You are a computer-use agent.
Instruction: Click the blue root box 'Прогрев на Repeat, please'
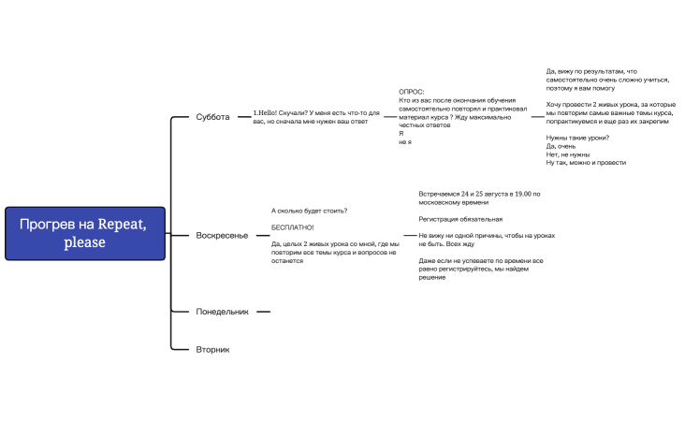point(85,233)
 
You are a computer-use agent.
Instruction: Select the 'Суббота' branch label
point(212,117)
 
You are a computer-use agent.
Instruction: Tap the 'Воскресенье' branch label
point(222,235)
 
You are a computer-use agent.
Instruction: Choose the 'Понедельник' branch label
point(222,311)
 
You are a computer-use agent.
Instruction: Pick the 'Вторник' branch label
point(212,349)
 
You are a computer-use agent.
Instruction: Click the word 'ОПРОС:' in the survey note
point(412,92)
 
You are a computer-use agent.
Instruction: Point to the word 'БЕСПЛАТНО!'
point(293,227)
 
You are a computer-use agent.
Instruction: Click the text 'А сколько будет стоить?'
point(309,211)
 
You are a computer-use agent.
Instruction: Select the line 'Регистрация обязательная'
point(460,219)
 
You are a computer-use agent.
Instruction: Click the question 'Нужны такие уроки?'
point(577,138)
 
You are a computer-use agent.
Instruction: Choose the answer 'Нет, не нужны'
point(569,154)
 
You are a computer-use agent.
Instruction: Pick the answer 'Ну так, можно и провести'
point(586,163)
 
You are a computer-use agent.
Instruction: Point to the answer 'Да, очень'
point(562,146)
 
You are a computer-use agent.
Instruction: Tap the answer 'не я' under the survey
point(404,141)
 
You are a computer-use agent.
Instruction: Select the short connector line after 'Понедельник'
point(263,311)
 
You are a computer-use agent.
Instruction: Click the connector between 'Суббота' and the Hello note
point(242,117)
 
